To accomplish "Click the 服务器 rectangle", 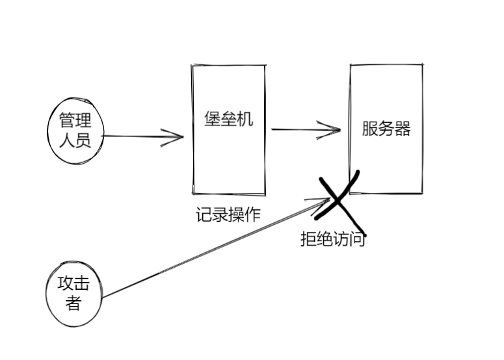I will pyautogui.click(x=386, y=129).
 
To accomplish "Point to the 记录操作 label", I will pyautogui.click(x=228, y=214).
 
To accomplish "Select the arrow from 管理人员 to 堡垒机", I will pyautogui.click(x=143, y=137).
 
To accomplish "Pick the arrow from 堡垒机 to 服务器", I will pyautogui.click(x=306, y=129).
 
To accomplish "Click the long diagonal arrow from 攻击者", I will pyautogui.click(x=215, y=250).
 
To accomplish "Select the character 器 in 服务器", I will pyautogui.click(x=403, y=129).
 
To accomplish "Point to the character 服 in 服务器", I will pyautogui.click(x=370, y=129).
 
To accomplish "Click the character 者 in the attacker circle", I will pyautogui.click(x=73, y=302).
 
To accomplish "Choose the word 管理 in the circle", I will pyautogui.click(x=75, y=122).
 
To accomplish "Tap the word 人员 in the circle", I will pyautogui.click(x=75, y=140).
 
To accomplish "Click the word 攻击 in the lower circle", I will pyautogui.click(x=73, y=284).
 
